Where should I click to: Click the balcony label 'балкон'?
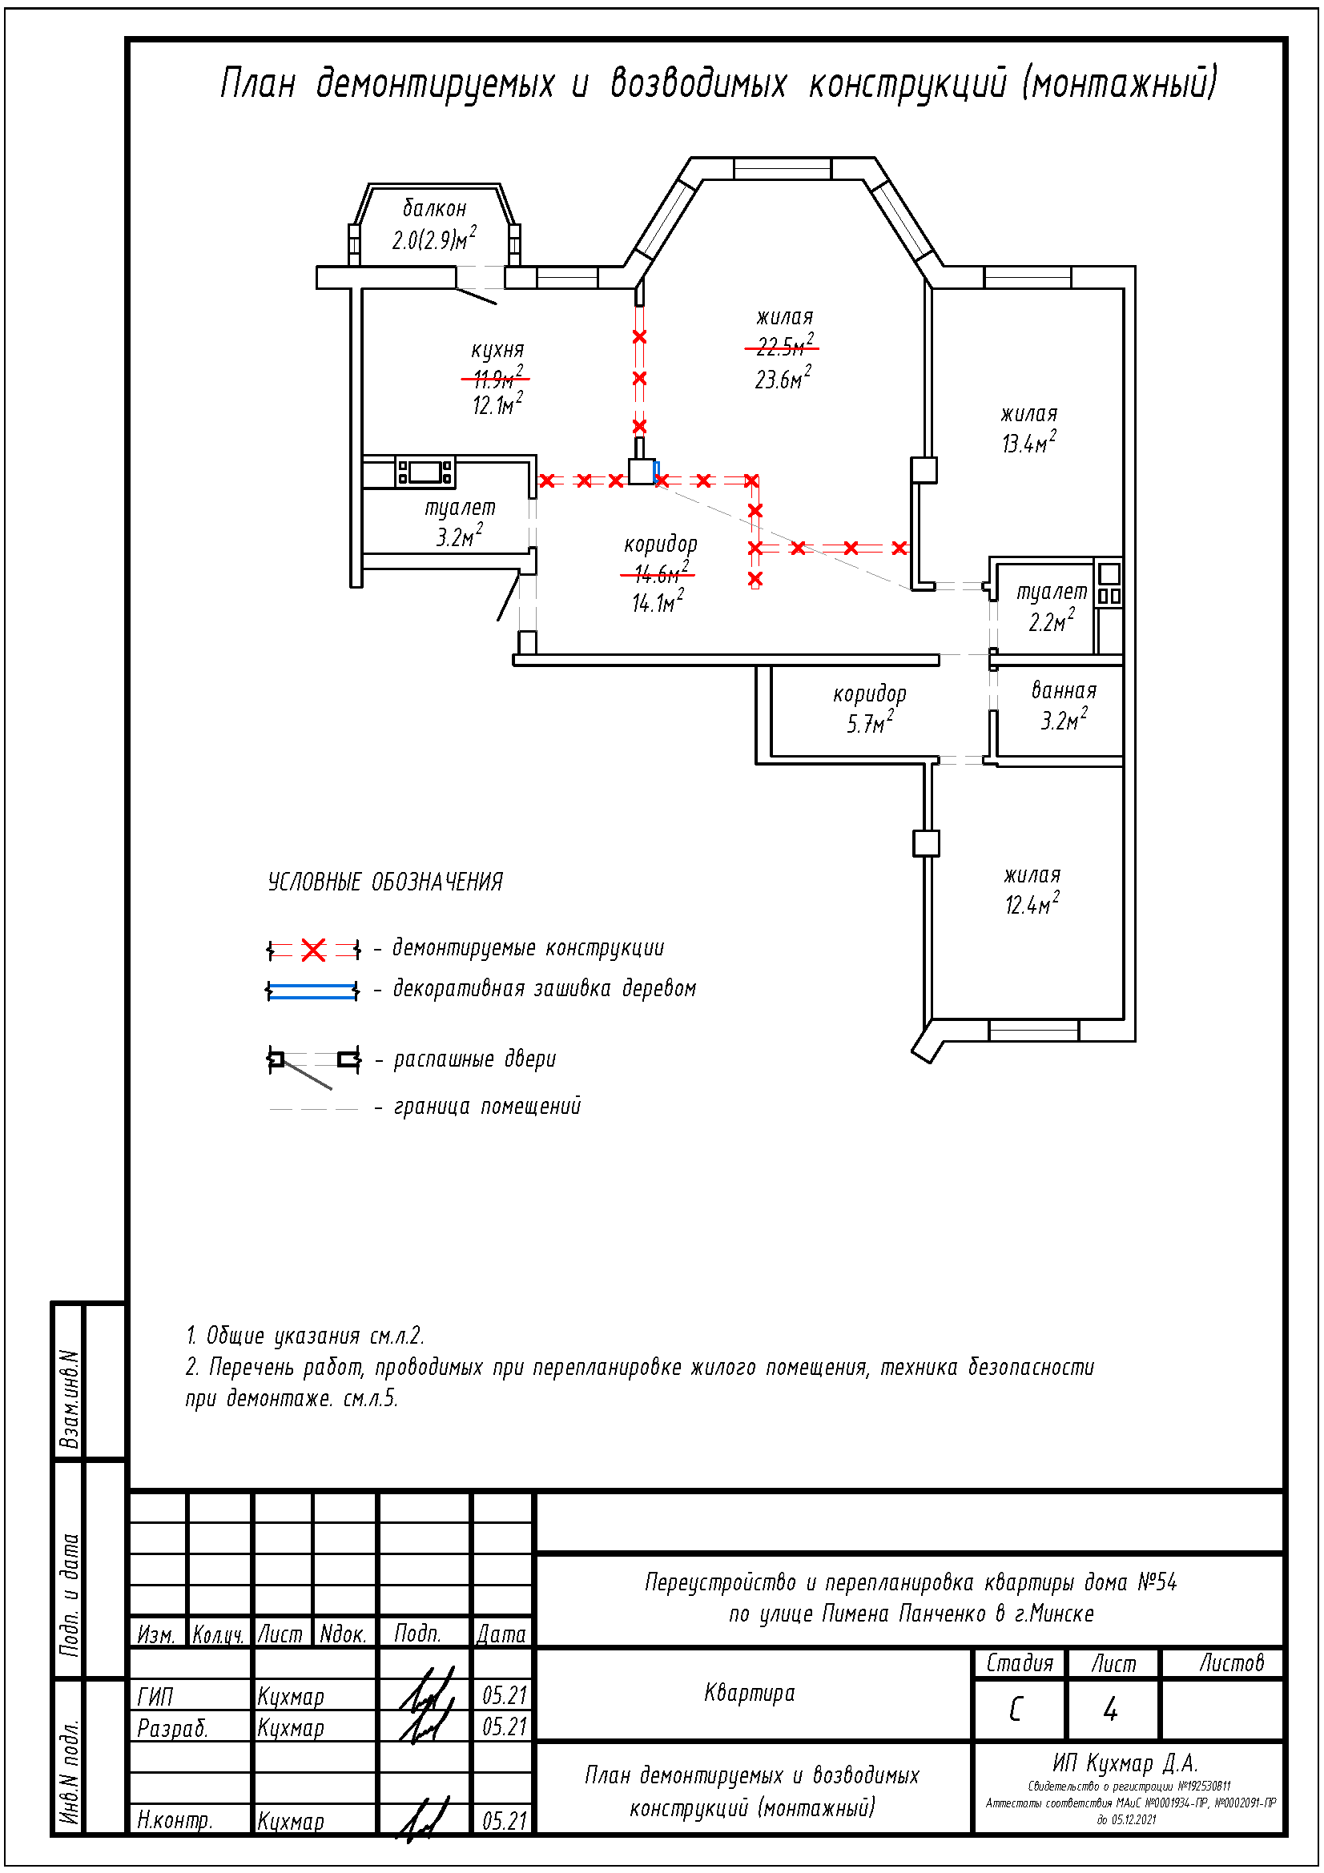[435, 208]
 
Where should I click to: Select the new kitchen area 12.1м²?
[497, 404]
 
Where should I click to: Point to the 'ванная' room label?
[1064, 691]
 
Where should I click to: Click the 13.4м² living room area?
[1028, 443]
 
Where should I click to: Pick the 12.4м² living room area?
[1031, 905]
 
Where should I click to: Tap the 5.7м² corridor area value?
[870, 724]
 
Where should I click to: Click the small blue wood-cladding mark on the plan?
[657, 471]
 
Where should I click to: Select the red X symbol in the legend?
[313, 950]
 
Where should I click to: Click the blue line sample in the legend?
[312, 991]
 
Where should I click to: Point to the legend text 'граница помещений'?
[487, 1106]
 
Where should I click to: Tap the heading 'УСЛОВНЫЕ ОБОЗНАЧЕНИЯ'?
[385, 882]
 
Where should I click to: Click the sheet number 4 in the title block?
[1110, 1710]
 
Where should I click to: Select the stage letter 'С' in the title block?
[1016, 1710]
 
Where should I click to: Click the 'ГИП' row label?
[155, 1698]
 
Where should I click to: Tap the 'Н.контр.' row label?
[175, 1820]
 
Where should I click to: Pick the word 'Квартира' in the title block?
[749, 1694]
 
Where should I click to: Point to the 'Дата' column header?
[501, 1634]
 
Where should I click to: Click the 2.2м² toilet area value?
[1051, 622]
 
